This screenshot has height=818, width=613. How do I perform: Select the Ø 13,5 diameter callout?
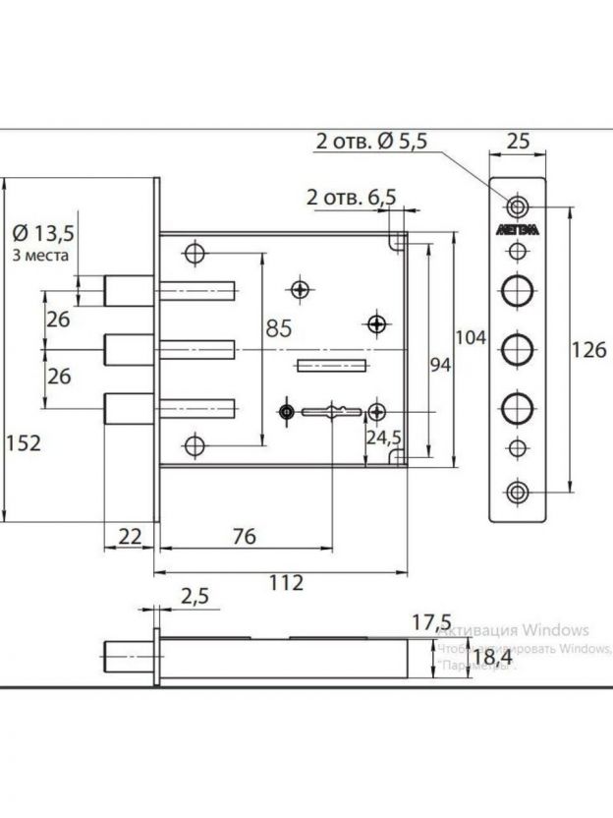pos(43,233)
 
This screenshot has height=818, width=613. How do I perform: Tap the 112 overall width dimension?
pos(285,582)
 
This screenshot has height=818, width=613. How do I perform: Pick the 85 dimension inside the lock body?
pos(278,329)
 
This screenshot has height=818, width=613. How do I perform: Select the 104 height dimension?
pos(473,337)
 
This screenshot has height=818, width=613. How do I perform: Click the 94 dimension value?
pos(440,366)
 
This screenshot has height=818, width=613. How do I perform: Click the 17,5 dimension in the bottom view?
pos(431,621)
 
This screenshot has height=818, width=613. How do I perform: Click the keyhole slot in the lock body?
pos(329,410)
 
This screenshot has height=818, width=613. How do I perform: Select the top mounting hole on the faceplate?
pos(517,205)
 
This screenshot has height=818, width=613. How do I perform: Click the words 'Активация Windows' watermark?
pos(513,629)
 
